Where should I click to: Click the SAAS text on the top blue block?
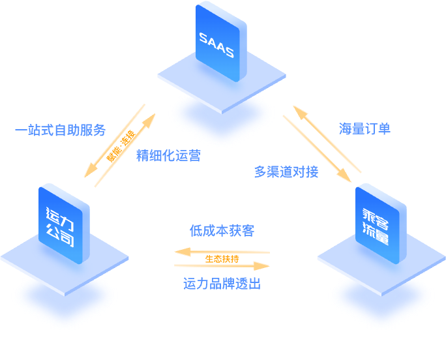click(216, 44)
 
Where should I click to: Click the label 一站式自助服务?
click(60, 130)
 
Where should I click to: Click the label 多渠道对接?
click(286, 172)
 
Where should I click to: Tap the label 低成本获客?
click(222, 231)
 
